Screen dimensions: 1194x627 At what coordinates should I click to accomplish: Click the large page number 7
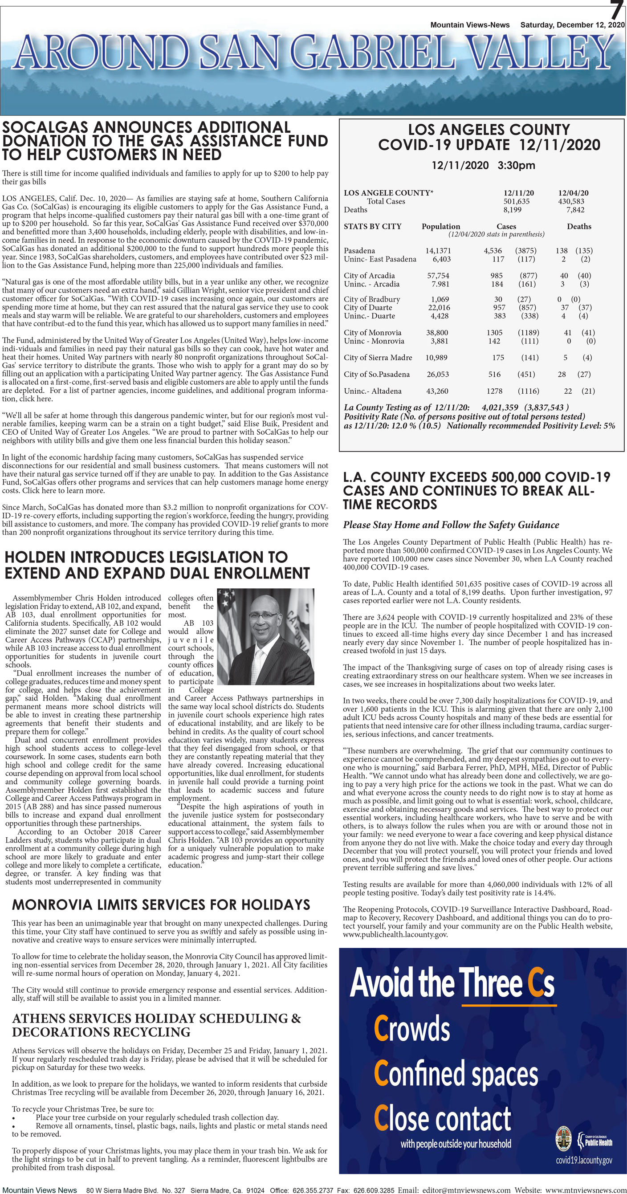pyautogui.click(x=615, y=10)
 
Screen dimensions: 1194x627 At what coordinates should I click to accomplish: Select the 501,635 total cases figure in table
pyautogui.click(x=516, y=201)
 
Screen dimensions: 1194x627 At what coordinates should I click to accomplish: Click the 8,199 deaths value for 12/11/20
pyautogui.click(x=512, y=209)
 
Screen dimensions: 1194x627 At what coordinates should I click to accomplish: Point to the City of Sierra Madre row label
pyautogui.click(x=378, y=357)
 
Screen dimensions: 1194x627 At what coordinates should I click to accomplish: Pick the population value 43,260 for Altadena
pyautogui.click(x=437, y=391)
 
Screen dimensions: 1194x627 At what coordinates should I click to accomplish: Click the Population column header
pyautogui.click(x=440, y=226)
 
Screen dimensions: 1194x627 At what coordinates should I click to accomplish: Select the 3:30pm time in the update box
pyautogui.click(x=516, y=165)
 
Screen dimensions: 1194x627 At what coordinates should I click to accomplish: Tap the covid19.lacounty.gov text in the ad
pyautogui.click(x=583, y=1160)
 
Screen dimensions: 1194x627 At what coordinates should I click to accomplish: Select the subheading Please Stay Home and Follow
pyautogui.click(x=451, y=525)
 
